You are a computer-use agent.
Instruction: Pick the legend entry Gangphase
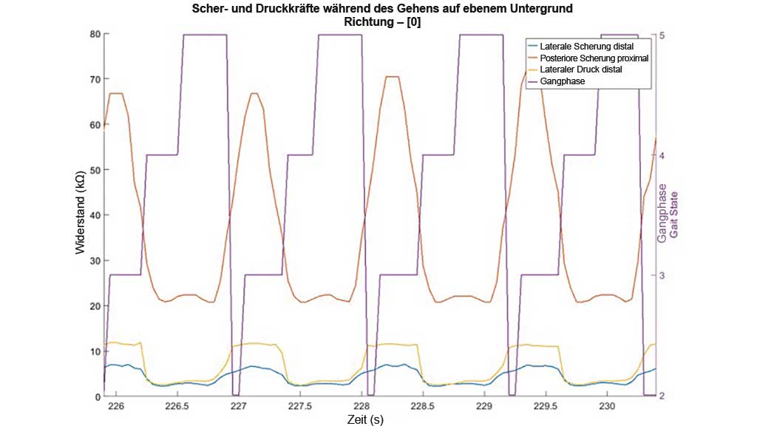pyautogui.click(x=563, y=81)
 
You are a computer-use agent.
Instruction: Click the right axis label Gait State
pyautogui.click(x=673, y=215)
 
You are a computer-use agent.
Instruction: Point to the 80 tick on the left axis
pyautogui.click(x=95, y=34)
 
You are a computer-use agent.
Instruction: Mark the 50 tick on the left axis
pyautogui.click(x=95, y=170)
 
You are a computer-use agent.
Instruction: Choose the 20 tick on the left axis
pyautogui.click(x=95, y=306)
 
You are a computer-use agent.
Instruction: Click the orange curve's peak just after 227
pyautogui.click(x=254, y=93)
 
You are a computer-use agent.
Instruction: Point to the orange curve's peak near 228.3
pyautogui.click(x=393, y=77)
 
